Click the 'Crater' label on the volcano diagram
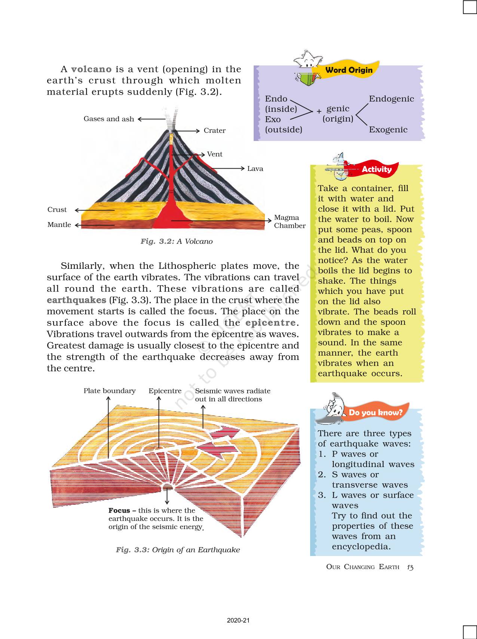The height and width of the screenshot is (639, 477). (x=214, y=130)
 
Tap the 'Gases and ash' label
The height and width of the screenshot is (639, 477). (x=108, y=119)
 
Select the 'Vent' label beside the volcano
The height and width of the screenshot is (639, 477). (x=215, y=154)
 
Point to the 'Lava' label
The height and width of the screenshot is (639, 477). (x=255, y=169)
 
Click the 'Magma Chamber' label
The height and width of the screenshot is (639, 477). (x=289, y=221)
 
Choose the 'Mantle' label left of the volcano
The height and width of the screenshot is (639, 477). (x=59, y=225)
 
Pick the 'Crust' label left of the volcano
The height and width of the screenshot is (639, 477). (x=57, y=210)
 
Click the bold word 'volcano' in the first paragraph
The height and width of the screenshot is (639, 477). (x=91, y=69)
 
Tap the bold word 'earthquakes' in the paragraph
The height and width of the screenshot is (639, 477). (x=76, y=300)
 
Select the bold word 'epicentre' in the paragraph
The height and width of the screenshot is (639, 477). (x=270, y=323)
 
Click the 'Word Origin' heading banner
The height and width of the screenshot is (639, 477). (x=349, y=70)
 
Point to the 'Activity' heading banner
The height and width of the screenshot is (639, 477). (x=376, y=169)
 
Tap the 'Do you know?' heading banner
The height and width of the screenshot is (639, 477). (x=375, y=412)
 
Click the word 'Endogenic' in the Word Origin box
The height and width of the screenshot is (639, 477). (x=391, y=99)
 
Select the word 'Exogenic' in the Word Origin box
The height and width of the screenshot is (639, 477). (x=388, y=130)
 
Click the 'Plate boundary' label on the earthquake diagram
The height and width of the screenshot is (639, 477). (x=109, y=391)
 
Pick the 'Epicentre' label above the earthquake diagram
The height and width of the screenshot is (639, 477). (x=165, y=391)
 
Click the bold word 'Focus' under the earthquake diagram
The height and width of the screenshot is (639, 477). (x=119, y=510)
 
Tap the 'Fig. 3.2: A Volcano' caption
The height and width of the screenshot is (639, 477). (x=176, y=242)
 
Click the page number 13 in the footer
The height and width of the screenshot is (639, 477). (x=410, y=567)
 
